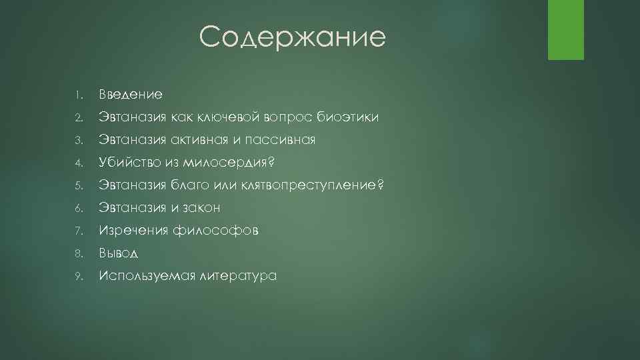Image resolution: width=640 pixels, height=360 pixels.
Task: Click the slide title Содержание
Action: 292,37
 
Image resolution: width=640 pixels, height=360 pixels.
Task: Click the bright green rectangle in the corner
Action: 565,29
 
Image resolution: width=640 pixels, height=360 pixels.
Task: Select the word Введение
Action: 131,95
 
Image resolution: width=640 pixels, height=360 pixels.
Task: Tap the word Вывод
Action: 120,253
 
